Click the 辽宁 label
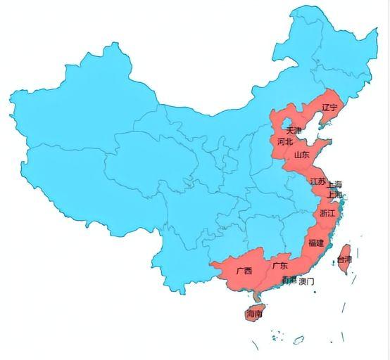click(329, 108)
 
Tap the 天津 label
click(293, 131)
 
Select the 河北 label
click(284, 141)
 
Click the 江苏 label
click(317, 181)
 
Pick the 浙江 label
click(327, 212)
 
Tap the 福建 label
click(315, 243)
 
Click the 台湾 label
click(344, 259)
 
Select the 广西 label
click(244, 270)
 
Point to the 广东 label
click(279, 266)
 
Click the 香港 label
click(289, 281)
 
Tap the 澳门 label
click(307, 281)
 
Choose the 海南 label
click(254, 314)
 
